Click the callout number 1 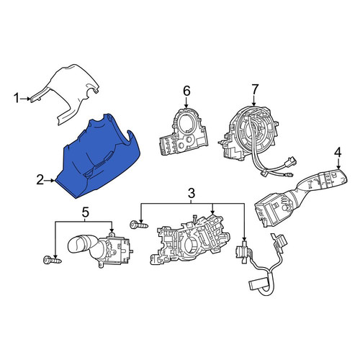pos(17,99)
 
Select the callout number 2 pos(40,180)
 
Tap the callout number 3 pos(192,194)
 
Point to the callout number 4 pos(338,153)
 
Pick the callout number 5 pos(85,212)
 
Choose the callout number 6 pos(186,91)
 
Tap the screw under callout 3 pos(139,225)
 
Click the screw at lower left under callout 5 pos(52,260)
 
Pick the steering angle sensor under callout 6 pos(183,132)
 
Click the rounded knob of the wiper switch pos(77,243)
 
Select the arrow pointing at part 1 pos(25,99)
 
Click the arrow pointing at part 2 pos(50,181)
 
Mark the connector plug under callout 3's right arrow pos(243,252)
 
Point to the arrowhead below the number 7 pos(254,103)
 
